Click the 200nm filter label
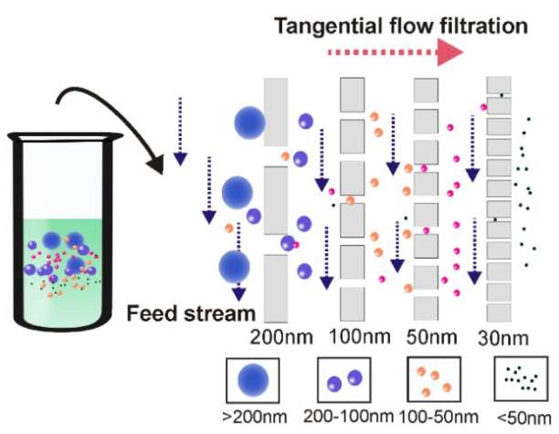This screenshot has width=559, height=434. pyautogui.click(x=281, y=336)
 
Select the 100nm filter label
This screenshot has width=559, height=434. pyautogui.click(x=359, y=336)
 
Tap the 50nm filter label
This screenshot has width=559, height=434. pyautogui.click(x=432, y=337)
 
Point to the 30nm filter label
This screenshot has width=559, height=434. pyautogui.click(x=503, y=338)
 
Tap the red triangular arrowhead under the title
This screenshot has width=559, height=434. pyautogui.click(x=450, y=52)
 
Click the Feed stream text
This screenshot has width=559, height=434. pyautogui.click(x=191, y=313)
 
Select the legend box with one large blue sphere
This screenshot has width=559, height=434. pyautogui.click(x=253, y=380)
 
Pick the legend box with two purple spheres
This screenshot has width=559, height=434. pyautogui.click(x=344, y=380)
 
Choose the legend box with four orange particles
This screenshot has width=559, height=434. pyautogui.click(x=434, y=379)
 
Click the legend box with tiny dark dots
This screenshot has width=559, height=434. pyautogui.click(x=521, y=379)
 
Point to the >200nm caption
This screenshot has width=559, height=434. pyautogui.click(x=255, y=417)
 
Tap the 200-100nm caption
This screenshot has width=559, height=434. pyautogui.click(x=348, y=416)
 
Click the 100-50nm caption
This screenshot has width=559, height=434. pyautogui.click(x=438, y=417)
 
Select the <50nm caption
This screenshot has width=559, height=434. pyautogui.click(x=523, y=418)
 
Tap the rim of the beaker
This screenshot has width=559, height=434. pyautogui.click(x=65, y=137)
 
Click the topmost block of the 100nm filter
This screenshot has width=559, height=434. pyautogui.click(x=353, y=94)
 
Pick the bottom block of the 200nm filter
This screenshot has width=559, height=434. pyautogui.click(x=276, y=288)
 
